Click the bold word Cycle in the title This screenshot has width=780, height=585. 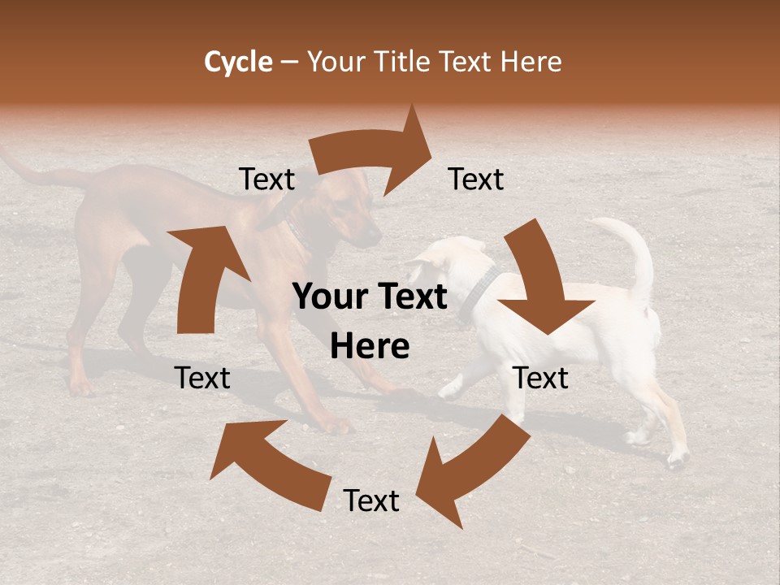pyautogui.click(x=238, y=62)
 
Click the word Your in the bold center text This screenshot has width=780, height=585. pyautogui.click(x=331, y=297)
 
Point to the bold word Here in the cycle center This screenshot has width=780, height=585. pyautogui.click(x=370, y=347)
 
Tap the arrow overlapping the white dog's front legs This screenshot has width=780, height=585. pyautogui.click(x=455, y=467)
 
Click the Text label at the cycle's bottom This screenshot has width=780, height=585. pyautogui.click(x=371, y=501)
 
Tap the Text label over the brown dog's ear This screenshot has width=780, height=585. pyautogui.click(x=267, y=180)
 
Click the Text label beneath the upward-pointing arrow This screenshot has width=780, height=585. pyautogui.click(x=202, y=379)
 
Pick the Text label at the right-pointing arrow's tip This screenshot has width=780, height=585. pyautogui.click(x=476, y=180)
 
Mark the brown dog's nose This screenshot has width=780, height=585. pyautogui.click(x=375, y=236)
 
